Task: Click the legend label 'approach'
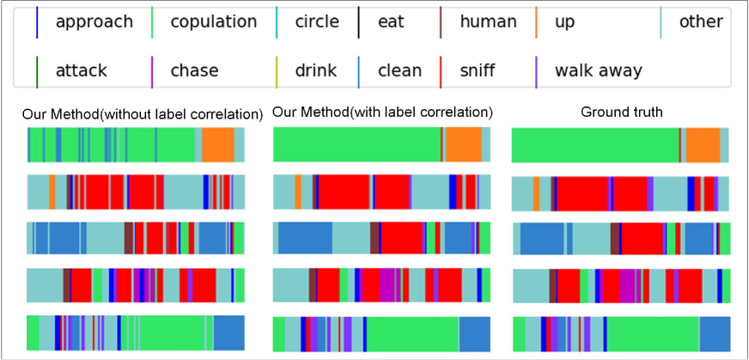(x=94, y=21)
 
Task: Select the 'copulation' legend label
(x=214, y=21)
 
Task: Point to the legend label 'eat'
(x=391, y=21)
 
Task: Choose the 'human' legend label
(x=488, y=21)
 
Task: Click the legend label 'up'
(x=564, y=21)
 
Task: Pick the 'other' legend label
(x=701, y=21)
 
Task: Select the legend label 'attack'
(x=81, y=70)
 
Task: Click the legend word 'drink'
(x=317, y=70)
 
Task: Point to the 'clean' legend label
(x=399, y=70)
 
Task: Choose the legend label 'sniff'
(x=478, y=70)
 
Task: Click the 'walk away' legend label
(x=599, y=70)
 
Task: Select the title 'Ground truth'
(x=622, y=112)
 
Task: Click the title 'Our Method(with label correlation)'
(x=382, y=112)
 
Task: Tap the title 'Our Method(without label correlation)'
(x=143, y=113)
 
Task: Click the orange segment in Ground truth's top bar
(x=703, y=145)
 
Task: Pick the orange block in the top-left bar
(x=218, y=144)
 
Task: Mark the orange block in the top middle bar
(x=464, y=144)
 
